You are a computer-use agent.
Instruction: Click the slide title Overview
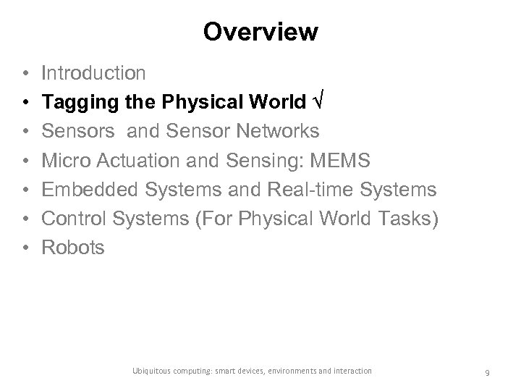[260, 33]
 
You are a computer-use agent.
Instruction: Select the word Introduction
[93, 72]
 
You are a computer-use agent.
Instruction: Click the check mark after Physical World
[317, 102]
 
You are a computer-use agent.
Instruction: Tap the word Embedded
[87, 189]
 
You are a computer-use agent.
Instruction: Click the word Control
[72, 218]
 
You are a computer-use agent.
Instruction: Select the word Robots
[73, 247]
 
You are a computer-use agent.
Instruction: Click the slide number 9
[488, 372]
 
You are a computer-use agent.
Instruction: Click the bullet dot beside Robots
[25, 248]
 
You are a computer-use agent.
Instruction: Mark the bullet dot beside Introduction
[25, 73]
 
